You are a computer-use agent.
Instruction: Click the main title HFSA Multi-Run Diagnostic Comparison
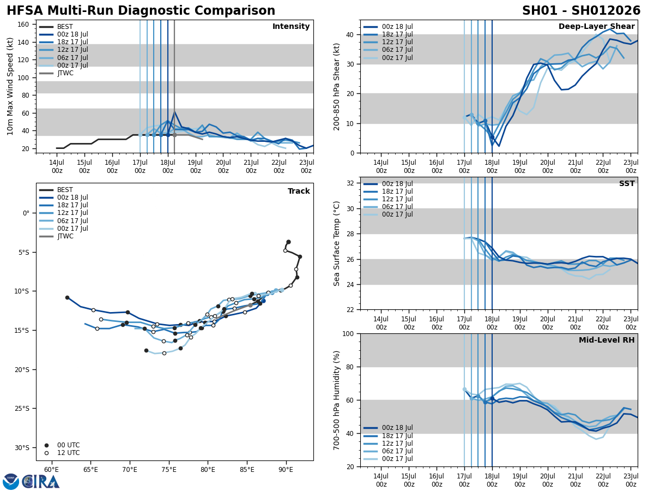[141, 11]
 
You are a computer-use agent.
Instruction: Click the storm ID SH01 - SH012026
[581, 11]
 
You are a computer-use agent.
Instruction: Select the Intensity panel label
[291, 27]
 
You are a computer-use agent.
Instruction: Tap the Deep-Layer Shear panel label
[596, 27]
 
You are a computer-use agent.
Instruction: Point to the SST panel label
[627, 184]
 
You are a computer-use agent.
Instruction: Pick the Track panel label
[299, 191]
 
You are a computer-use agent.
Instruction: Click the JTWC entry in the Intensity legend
[65, 73]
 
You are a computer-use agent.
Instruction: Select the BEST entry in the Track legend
[65, 190]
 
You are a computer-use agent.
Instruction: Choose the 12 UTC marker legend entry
[68, 453]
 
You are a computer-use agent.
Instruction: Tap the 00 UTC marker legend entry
[68, 445]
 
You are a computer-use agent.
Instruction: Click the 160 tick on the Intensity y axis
[23, 25]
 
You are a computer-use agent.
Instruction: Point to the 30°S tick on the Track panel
[22, 447]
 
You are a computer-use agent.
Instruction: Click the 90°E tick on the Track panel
[286, 470]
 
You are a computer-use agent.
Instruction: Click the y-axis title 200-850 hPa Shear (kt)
[337, 86]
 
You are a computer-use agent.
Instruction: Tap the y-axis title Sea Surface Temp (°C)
[337, 243]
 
